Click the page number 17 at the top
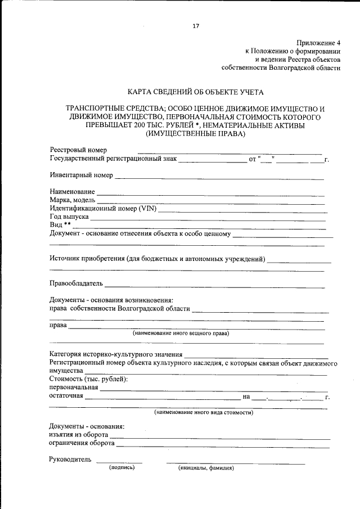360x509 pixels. click(x=196, y=26)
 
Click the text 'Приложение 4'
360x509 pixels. click(x=318, y=43)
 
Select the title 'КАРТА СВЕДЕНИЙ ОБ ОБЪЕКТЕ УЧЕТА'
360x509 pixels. click(x=195, y=91)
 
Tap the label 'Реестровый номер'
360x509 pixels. click(x=78, y=150)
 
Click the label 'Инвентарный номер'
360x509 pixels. click(x=81, y=175)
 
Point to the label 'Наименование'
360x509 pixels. click(x=72, y=192)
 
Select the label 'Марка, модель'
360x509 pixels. click(x=73, y=201)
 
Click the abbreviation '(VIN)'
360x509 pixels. click(x=144, y=209)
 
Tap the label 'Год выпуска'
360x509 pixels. click(x=69, y=217)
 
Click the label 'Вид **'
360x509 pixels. click(x=60, y=225)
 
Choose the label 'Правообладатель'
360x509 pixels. click(x=76, y=283)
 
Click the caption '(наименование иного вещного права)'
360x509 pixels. click(x=181, y=333)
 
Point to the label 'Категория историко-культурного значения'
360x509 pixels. click(x=116, y=354)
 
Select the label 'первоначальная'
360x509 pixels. click(x=74, y=387)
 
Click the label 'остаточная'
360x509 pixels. click(x=66, y=396)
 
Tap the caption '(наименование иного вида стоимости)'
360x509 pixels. click(x=204, y=412)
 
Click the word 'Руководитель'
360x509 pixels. click(x=70, y=460)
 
